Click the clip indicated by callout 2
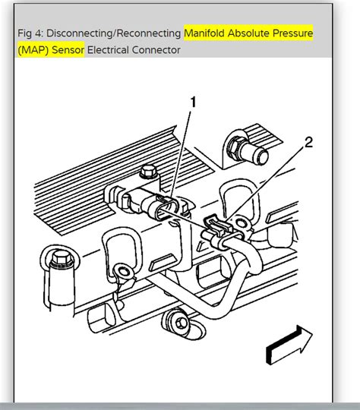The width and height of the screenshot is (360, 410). (x=216, y=228)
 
